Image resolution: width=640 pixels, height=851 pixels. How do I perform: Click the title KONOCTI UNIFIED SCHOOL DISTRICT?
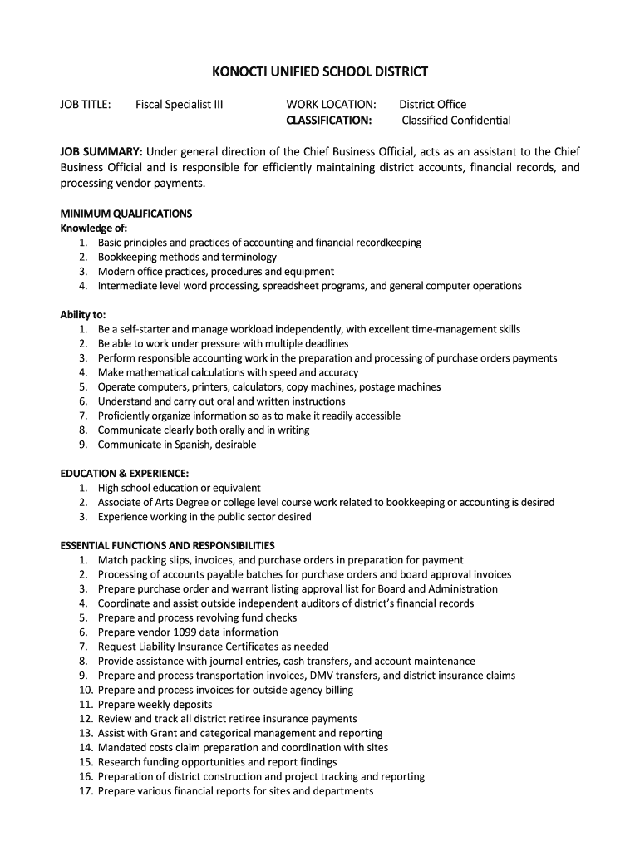coord(320,71)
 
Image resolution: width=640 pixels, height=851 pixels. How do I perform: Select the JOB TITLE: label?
coord(86,105)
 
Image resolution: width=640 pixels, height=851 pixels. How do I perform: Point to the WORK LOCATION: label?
coord(331,105)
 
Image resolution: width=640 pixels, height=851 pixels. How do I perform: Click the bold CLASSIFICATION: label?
coord(329,121)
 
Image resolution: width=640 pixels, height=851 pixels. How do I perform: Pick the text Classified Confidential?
coord(456,121)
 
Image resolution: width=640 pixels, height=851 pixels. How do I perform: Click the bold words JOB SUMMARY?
coord(101,151)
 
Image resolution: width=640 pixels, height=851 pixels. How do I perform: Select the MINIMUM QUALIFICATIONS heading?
coord(126,214)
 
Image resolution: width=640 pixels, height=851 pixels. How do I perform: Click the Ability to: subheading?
coord(82,315)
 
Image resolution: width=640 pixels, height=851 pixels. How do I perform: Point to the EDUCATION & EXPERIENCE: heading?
coord(118,474)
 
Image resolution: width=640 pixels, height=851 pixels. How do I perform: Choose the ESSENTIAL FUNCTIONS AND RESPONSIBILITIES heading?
coord(167,546)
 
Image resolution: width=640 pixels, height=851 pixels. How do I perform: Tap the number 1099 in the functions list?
coord(185,632)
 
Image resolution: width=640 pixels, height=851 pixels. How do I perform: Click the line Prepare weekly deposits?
coord(155,705)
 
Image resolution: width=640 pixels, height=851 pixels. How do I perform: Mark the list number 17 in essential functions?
coord(86,791)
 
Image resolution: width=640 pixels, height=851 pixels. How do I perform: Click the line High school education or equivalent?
coord(179,488)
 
